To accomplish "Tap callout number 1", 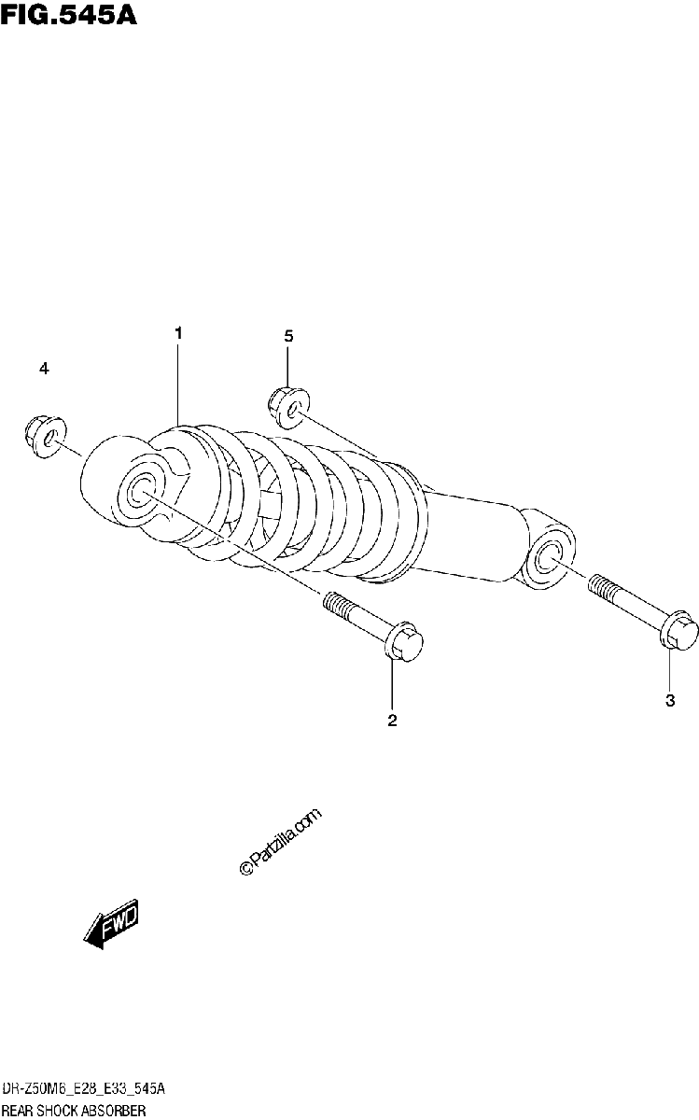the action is click(178, 333).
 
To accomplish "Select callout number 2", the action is click(392, 720).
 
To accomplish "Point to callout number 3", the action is click(670, 701).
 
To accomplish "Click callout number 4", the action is click(44, 369).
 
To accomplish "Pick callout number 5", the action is click(288, 337).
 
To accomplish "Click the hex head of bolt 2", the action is click(404, 643).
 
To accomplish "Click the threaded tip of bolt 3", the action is click(602, 586).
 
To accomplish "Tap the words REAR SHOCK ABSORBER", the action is click(74, 1111).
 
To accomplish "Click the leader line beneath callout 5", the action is click(288, 365).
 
